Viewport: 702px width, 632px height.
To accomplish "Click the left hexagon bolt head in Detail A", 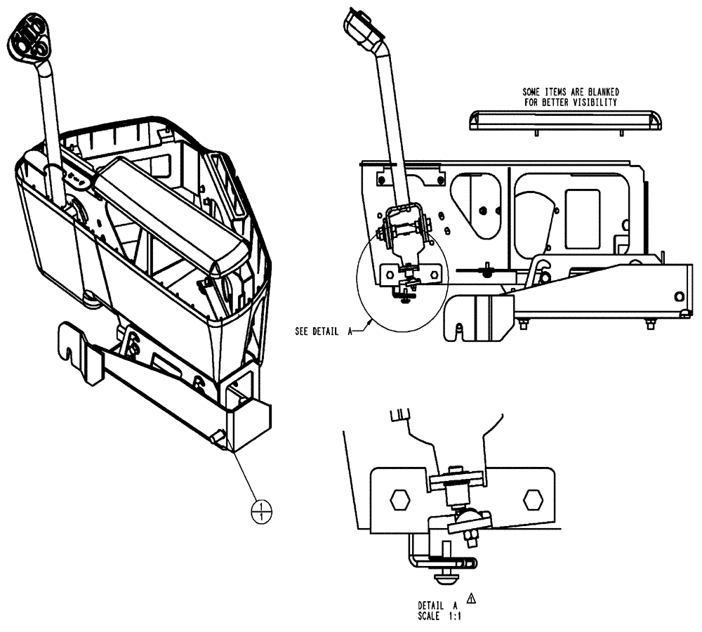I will point(399,500).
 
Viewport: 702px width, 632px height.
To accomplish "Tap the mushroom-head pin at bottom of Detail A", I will point(445,579).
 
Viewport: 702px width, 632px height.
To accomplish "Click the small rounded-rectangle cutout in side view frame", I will point(582,218).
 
